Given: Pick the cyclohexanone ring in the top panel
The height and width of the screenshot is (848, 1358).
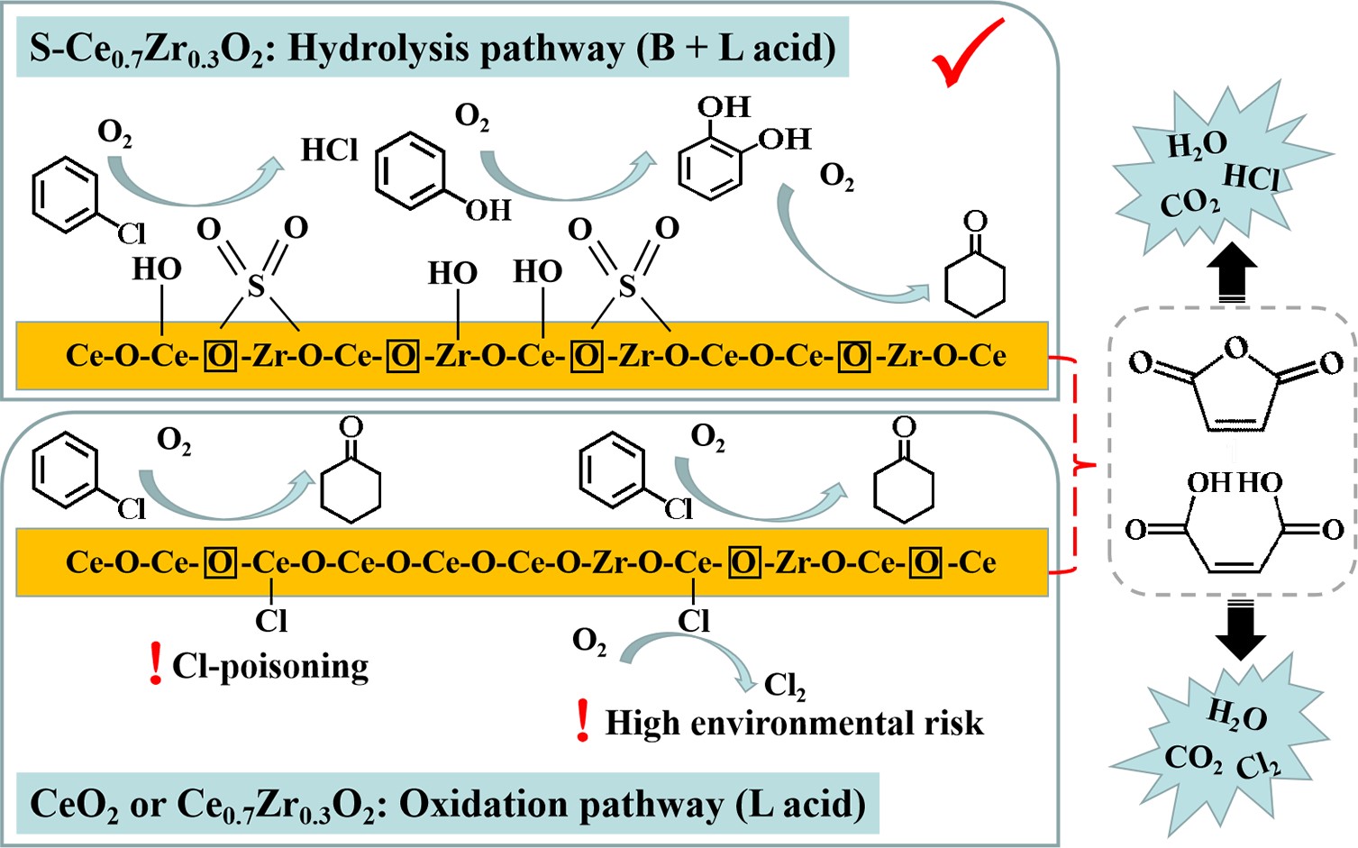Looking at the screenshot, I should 974,282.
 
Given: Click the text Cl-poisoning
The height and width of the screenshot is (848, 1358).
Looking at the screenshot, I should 270,666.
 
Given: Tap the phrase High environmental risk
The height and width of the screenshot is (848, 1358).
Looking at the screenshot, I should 794,723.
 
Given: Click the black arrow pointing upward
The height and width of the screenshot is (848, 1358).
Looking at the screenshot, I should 1235,271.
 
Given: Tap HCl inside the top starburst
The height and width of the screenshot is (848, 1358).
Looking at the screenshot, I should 1252,176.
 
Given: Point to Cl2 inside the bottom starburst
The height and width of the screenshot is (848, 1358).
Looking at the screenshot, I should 1258,766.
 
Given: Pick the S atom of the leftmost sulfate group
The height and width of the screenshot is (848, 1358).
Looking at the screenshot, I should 256,287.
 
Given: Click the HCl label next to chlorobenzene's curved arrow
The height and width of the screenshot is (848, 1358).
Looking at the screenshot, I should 330,150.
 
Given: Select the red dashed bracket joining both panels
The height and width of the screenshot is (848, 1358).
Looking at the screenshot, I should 1077,464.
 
